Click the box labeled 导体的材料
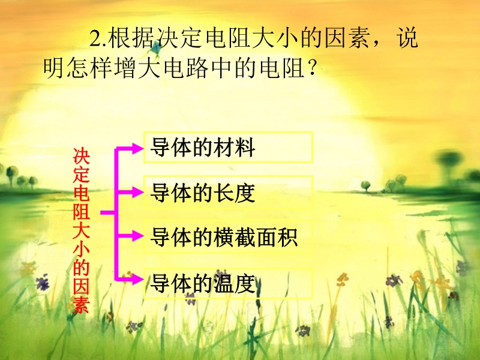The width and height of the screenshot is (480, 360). point(228,147)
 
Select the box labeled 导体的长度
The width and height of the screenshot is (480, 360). point(228,192)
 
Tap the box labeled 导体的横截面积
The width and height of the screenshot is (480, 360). point(228,236)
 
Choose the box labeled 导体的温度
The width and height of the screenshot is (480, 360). point(228,283)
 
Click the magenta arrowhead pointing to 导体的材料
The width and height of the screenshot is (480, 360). point(137,148)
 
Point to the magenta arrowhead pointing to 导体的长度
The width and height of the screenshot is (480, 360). point(137,192)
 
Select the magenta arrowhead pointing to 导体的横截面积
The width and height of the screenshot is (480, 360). point(137,236)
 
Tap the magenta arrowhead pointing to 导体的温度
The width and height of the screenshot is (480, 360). point(137,279)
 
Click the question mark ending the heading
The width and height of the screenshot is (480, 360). point(312,68)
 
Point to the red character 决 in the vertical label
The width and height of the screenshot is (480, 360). point(81,156)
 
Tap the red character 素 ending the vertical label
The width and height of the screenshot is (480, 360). point(81,305)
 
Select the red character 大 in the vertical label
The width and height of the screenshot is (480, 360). point(81,230)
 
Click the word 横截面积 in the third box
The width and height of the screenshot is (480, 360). point(256,237)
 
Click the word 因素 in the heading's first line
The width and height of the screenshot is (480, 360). point(347,38)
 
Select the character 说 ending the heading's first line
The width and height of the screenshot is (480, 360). point(407,38)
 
